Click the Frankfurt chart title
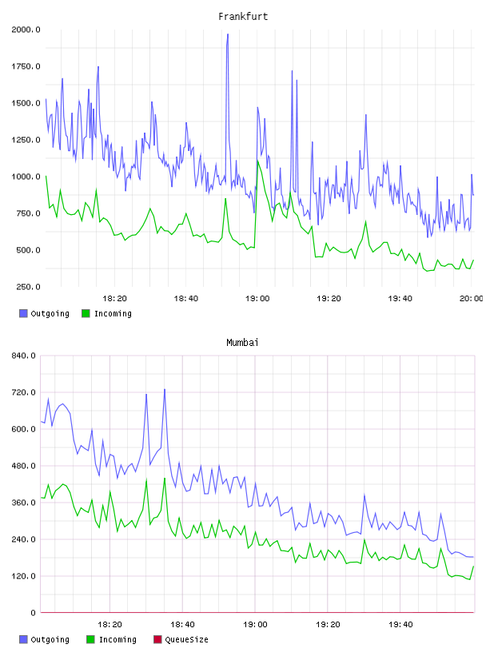tap(243, 17)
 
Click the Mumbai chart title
tap(242, 343)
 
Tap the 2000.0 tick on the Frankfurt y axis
tap(26, 30)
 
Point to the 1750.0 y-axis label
tap(26, 66)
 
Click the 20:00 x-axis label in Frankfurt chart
tap(471, 299)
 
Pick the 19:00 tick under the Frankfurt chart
tap(257, 299)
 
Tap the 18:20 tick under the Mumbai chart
tap(110, 625)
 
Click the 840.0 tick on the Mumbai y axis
tap(24, 356)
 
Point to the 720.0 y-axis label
tap(24, 392)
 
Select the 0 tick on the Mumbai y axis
tap(34, 613)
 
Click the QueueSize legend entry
tap(181, 639)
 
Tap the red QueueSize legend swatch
tap(157, 639)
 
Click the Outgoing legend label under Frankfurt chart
tap(50, 313)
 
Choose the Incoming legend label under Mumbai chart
tap(118, 639)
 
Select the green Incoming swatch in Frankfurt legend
tap(86, 313)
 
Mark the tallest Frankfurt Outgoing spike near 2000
tap(228, 34)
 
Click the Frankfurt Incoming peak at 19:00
tap(257, 161)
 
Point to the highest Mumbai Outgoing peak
tap(165, 390)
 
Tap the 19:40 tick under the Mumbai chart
tap(400, 625)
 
